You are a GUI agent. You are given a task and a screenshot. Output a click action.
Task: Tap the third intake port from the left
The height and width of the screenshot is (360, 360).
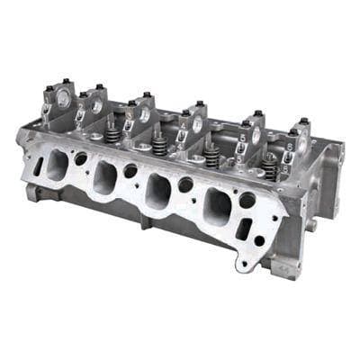click(x=160, y=193)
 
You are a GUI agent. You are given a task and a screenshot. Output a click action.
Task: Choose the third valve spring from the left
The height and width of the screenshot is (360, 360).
click(x=211, y=155)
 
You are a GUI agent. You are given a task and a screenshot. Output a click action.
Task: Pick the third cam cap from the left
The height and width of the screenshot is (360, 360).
click(x=142, y=109)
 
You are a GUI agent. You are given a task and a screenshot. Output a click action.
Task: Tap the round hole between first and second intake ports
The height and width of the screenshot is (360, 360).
click(x=81, y=158)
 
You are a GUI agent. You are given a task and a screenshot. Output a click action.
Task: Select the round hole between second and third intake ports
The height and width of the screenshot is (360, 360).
click(x=131, y=170)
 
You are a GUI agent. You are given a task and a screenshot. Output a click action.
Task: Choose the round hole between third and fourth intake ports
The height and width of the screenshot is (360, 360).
click(x=186, y=184)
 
